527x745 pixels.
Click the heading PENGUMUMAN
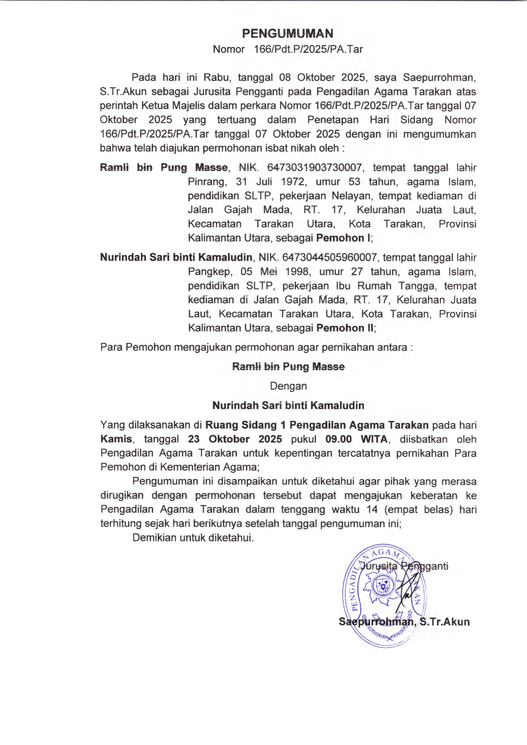[288, 33]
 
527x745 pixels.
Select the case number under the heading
[308, 49]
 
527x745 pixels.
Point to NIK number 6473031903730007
[314, 167]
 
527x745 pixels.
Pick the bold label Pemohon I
[343, 238]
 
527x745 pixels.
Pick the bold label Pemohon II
[345, 328]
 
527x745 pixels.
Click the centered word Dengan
[288, 386]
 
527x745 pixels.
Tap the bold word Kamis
[116, 439]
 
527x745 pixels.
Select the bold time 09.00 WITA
[356, 439]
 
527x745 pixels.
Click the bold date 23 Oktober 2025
[235, 439]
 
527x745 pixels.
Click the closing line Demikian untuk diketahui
[193, 538]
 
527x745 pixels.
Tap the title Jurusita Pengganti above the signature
[405, 566]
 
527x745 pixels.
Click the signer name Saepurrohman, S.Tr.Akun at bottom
[404, 622]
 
